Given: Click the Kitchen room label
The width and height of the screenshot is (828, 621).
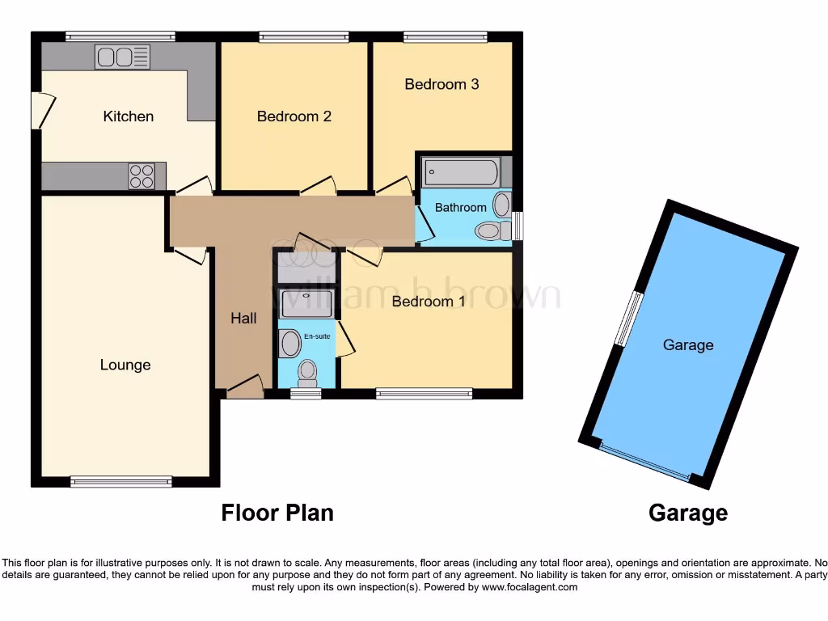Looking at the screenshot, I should (x=128, y=116).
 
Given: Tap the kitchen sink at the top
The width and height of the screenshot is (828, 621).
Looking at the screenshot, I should (x=122, y=57).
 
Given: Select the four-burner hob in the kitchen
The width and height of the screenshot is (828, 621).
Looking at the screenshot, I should (x=141, y=175).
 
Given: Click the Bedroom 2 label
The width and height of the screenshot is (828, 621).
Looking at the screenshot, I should (x=294, y=116).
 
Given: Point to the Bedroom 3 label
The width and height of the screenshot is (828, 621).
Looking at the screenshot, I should (x=442, y=84).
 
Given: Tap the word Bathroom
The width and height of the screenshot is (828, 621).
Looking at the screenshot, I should (x=461, y=208).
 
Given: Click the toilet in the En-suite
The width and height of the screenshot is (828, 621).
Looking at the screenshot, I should (x=307, y=373).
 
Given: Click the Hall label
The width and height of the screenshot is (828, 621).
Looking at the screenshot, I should (x=243, y=319).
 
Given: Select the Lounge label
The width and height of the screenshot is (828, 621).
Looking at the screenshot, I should (x=125, y=365).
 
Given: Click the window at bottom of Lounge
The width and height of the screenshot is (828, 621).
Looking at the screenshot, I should (x=121, y=482).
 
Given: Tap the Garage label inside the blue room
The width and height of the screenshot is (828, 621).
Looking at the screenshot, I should (x=688, y=345).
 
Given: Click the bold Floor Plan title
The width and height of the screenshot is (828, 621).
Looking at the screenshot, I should (x=277, y=513).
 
